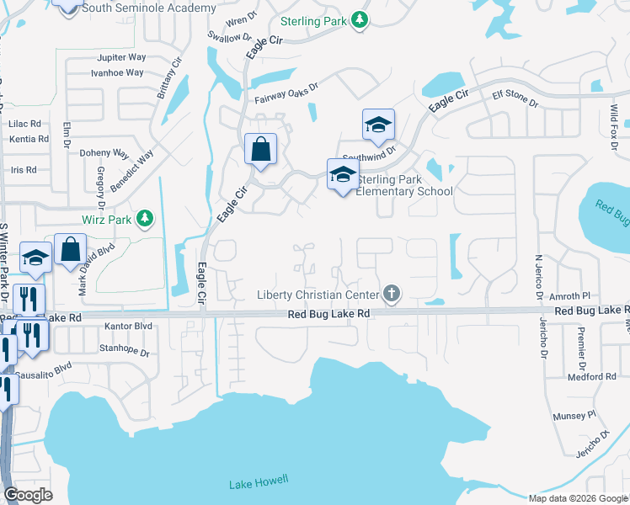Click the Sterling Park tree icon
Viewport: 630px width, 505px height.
(360, 19)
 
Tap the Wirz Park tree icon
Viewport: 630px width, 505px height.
(145, 219)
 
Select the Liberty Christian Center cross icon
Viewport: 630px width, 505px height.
(390, 294)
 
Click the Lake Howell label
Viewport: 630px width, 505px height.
(259, 481)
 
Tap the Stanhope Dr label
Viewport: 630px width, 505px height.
(124, 346)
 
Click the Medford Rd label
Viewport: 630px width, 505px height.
(598, 376)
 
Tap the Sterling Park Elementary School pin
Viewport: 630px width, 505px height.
(343, 174)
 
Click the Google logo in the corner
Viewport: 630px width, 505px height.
(29, 495)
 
